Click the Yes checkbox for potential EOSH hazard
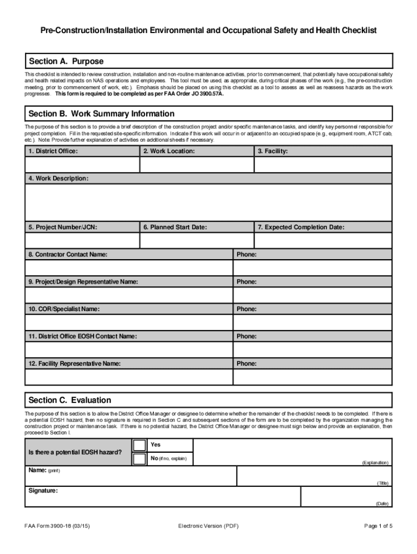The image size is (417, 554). click(x=140, y=445)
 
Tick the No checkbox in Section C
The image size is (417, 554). click(x=140, y=459)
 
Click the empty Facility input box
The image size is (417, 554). click(x=323, y=164)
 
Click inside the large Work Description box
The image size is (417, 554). click(x=208, y=202)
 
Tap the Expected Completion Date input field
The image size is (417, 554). click(x=323, y=240)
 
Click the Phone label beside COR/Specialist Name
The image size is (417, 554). click(x=246, y=309)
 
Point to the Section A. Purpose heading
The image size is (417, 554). click(x=66, y=61)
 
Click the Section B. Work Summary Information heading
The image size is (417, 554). click(x=101, y=114)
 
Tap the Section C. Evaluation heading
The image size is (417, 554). click(x=69, y=400)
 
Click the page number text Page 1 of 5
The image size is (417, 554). click(x=378, y=526)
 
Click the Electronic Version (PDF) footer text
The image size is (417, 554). click(x=208, y=526)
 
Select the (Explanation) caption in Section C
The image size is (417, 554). click(x=375, y=463)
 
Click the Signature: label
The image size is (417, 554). click(x=43, y=491)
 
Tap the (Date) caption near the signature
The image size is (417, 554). click(x=382, y=503)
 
